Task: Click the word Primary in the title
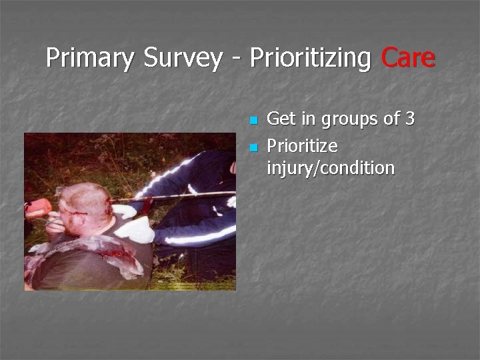tap(89, 59)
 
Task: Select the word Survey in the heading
tap(181, 59)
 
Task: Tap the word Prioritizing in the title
tap(310, 59)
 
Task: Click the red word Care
tap(408, 59)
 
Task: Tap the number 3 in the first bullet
tap(409, 119)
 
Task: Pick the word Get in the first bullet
tap(281, 119)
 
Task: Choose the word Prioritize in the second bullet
tap(302, 146)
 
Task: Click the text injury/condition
tap(331, 168)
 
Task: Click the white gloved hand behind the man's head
tap(124, 211)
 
